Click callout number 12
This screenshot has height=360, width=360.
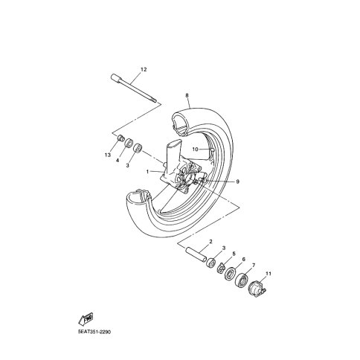tap(144, 69)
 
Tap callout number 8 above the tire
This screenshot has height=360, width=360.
tap(187, 95)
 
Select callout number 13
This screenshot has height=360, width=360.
tap(107, 155)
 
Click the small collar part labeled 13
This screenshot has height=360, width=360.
tap(120, 138)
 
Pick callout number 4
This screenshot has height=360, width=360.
tap(118, 160)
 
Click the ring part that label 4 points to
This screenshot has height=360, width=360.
tap(129, 143)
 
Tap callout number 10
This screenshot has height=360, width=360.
tap(196, 150)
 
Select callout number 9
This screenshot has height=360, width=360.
tap(237, 181)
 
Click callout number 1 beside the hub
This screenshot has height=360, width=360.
tap(147, 172)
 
